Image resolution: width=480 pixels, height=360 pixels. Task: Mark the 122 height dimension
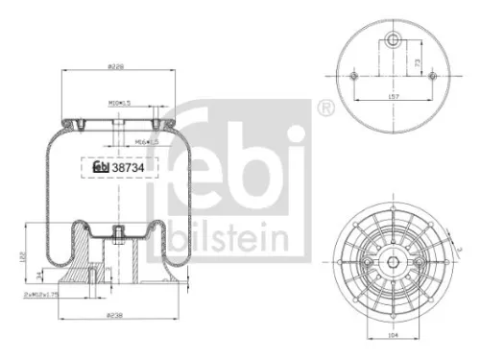tap(24, 256)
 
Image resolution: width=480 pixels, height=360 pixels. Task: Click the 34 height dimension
tap(39, 276)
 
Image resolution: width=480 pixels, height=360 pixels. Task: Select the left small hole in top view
tap(354, 76)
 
